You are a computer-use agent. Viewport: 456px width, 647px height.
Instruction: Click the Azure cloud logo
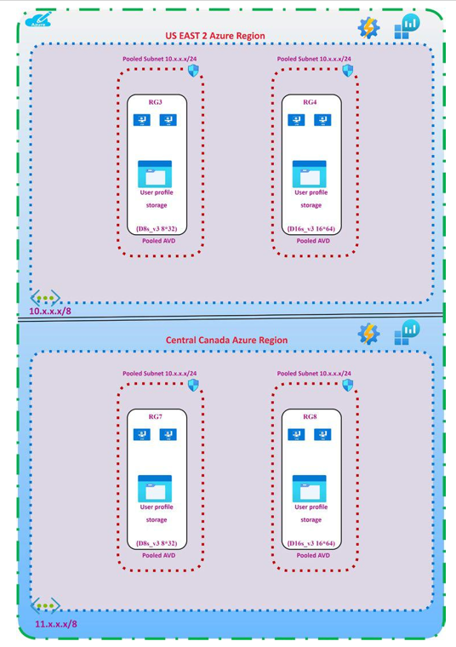tap(38, 20)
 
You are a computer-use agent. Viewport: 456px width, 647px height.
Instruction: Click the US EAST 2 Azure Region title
tap(215, 36)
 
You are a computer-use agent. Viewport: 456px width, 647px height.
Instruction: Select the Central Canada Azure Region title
tap(227, 340)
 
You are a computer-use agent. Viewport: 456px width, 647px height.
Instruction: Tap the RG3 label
tap(156, 102)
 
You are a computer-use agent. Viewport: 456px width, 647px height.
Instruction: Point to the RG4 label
tap(310, 102)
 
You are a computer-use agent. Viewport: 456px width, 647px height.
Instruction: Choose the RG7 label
tap(156, 416)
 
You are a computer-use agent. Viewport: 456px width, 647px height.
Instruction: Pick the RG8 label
tap(310, 416)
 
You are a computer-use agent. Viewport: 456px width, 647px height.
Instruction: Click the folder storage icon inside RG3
tap(155, 175)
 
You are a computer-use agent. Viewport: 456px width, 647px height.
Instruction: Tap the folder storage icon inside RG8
tap(309, 489)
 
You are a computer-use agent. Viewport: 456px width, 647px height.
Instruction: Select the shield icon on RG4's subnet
tap(348, 71)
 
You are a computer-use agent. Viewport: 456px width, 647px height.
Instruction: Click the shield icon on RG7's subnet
tap(193, 385)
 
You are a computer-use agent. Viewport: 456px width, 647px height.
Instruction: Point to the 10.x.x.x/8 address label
tap(50, 311)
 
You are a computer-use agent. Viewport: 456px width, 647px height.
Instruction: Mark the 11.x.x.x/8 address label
tap(55, 624)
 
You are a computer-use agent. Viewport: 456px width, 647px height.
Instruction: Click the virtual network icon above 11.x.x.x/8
tap(45, 606)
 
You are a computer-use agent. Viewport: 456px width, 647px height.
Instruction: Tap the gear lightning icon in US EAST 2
tap(368, 27)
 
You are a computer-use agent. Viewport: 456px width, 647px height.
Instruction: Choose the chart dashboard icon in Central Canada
tap(408, 332)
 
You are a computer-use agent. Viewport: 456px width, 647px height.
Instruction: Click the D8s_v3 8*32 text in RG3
tap(157, 229)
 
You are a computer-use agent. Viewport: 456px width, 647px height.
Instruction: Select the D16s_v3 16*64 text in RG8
tap(311, 543)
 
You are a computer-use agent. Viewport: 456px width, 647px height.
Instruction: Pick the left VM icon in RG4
tap(296, 120)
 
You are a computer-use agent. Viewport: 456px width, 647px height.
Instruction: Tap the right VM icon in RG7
tap(168, 434)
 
